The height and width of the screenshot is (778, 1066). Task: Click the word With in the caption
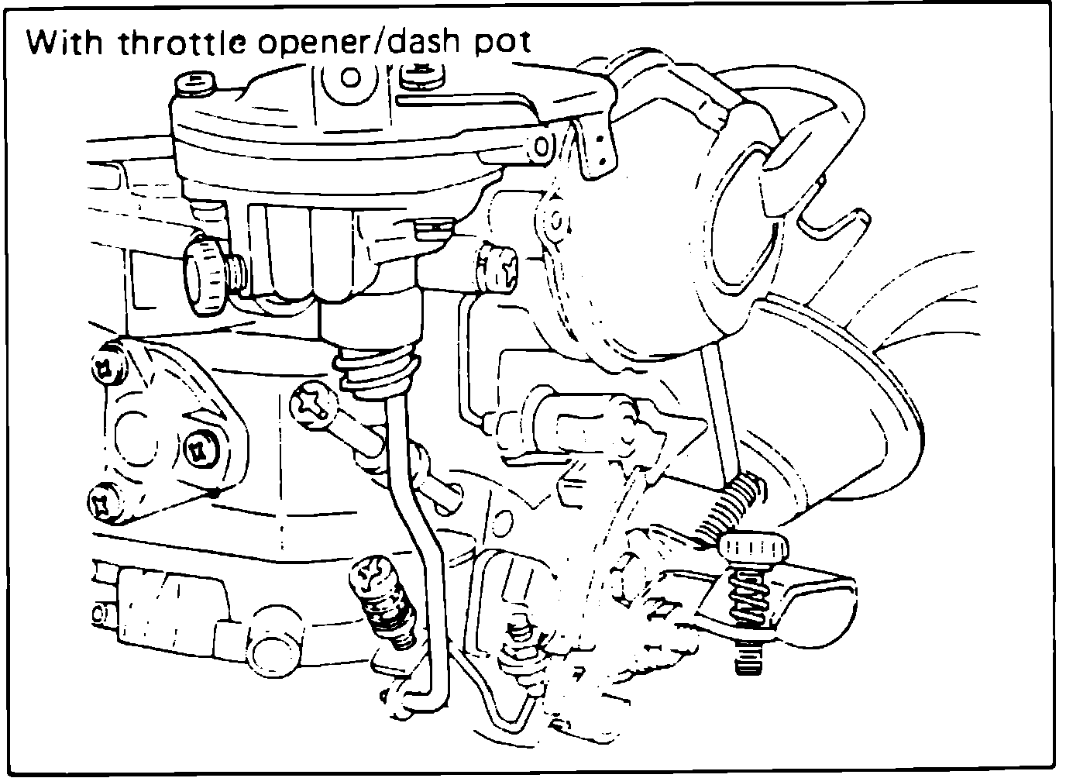coord(64,43)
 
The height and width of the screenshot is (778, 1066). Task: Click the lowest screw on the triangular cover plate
coord(104,504)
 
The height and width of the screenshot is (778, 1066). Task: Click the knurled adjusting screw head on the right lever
coord(755,549)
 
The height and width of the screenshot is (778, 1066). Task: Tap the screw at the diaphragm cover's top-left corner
coord(193,83)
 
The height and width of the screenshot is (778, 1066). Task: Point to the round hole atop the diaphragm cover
coord(350,77)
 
